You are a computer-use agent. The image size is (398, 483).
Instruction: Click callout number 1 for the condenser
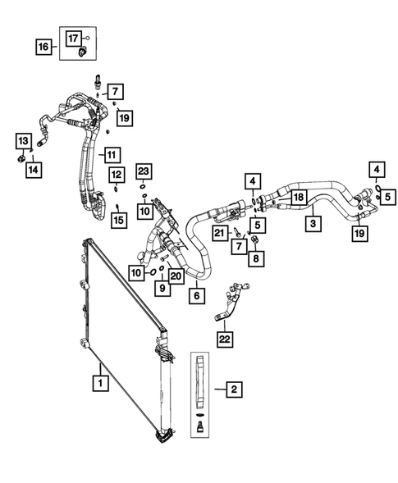tap(99, 381)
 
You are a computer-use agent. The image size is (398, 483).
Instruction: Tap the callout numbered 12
tap(117, 174)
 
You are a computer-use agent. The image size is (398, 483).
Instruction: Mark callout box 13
tap(23, 139)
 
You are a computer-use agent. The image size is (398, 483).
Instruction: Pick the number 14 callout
tap(34, 169)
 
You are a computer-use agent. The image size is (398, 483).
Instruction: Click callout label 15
tap(118, 219)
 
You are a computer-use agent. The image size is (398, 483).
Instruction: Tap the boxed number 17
tap(74, 37)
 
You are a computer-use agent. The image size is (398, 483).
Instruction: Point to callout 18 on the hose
tap(300, 198)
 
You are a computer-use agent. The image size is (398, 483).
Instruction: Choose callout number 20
tap(175, 276)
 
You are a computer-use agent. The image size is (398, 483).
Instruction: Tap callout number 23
tap(144, 171)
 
